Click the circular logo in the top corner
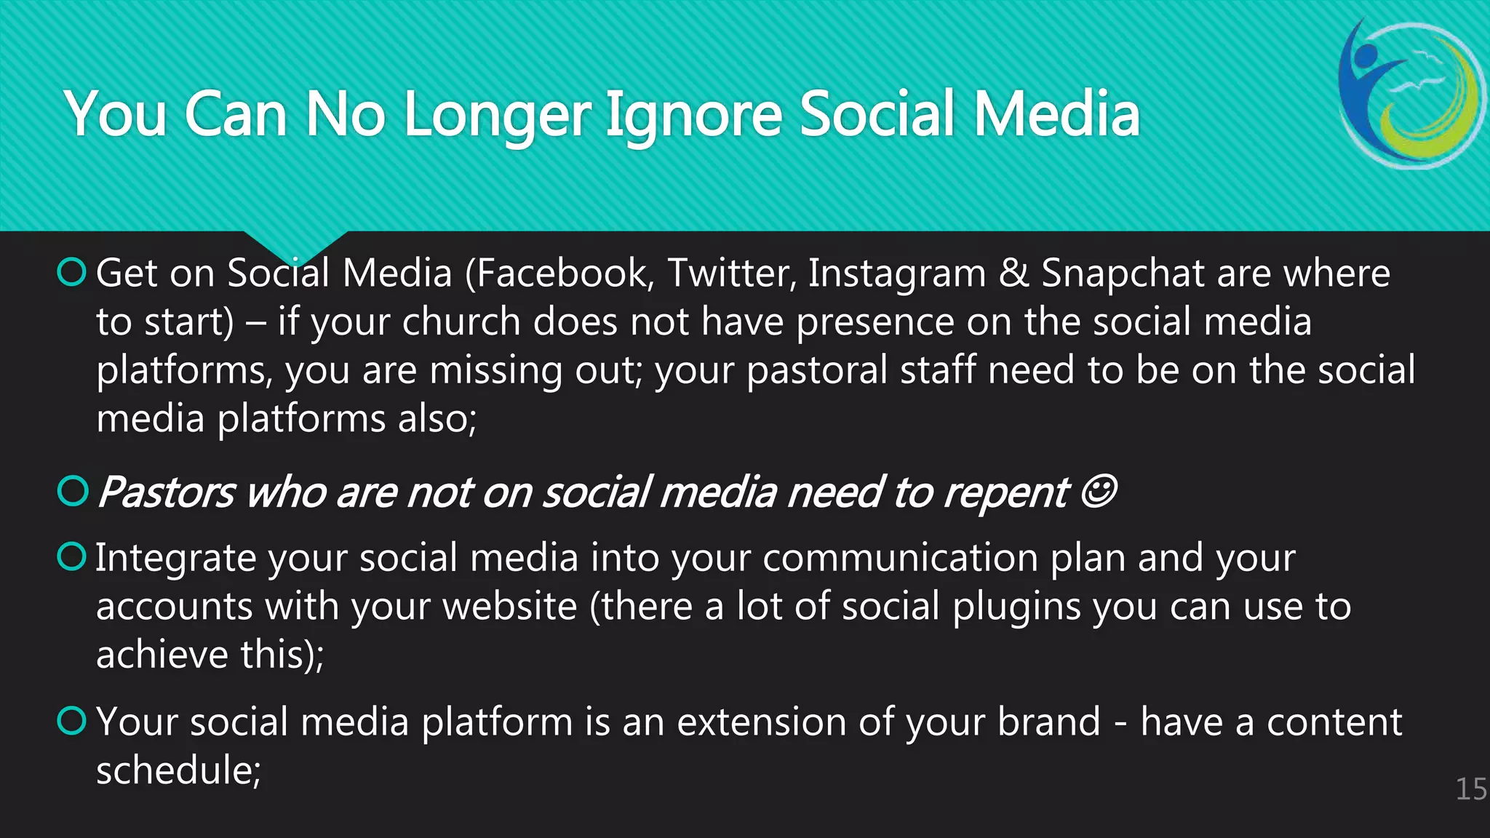click(1411, 95)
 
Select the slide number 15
click(1471, 789)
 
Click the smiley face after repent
click(1098, 492)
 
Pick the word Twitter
click(730, 274)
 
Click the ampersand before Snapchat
click(1013, 274)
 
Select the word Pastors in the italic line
click(167, 492)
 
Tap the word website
click(510, 607)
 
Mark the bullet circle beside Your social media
click(72, 721)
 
